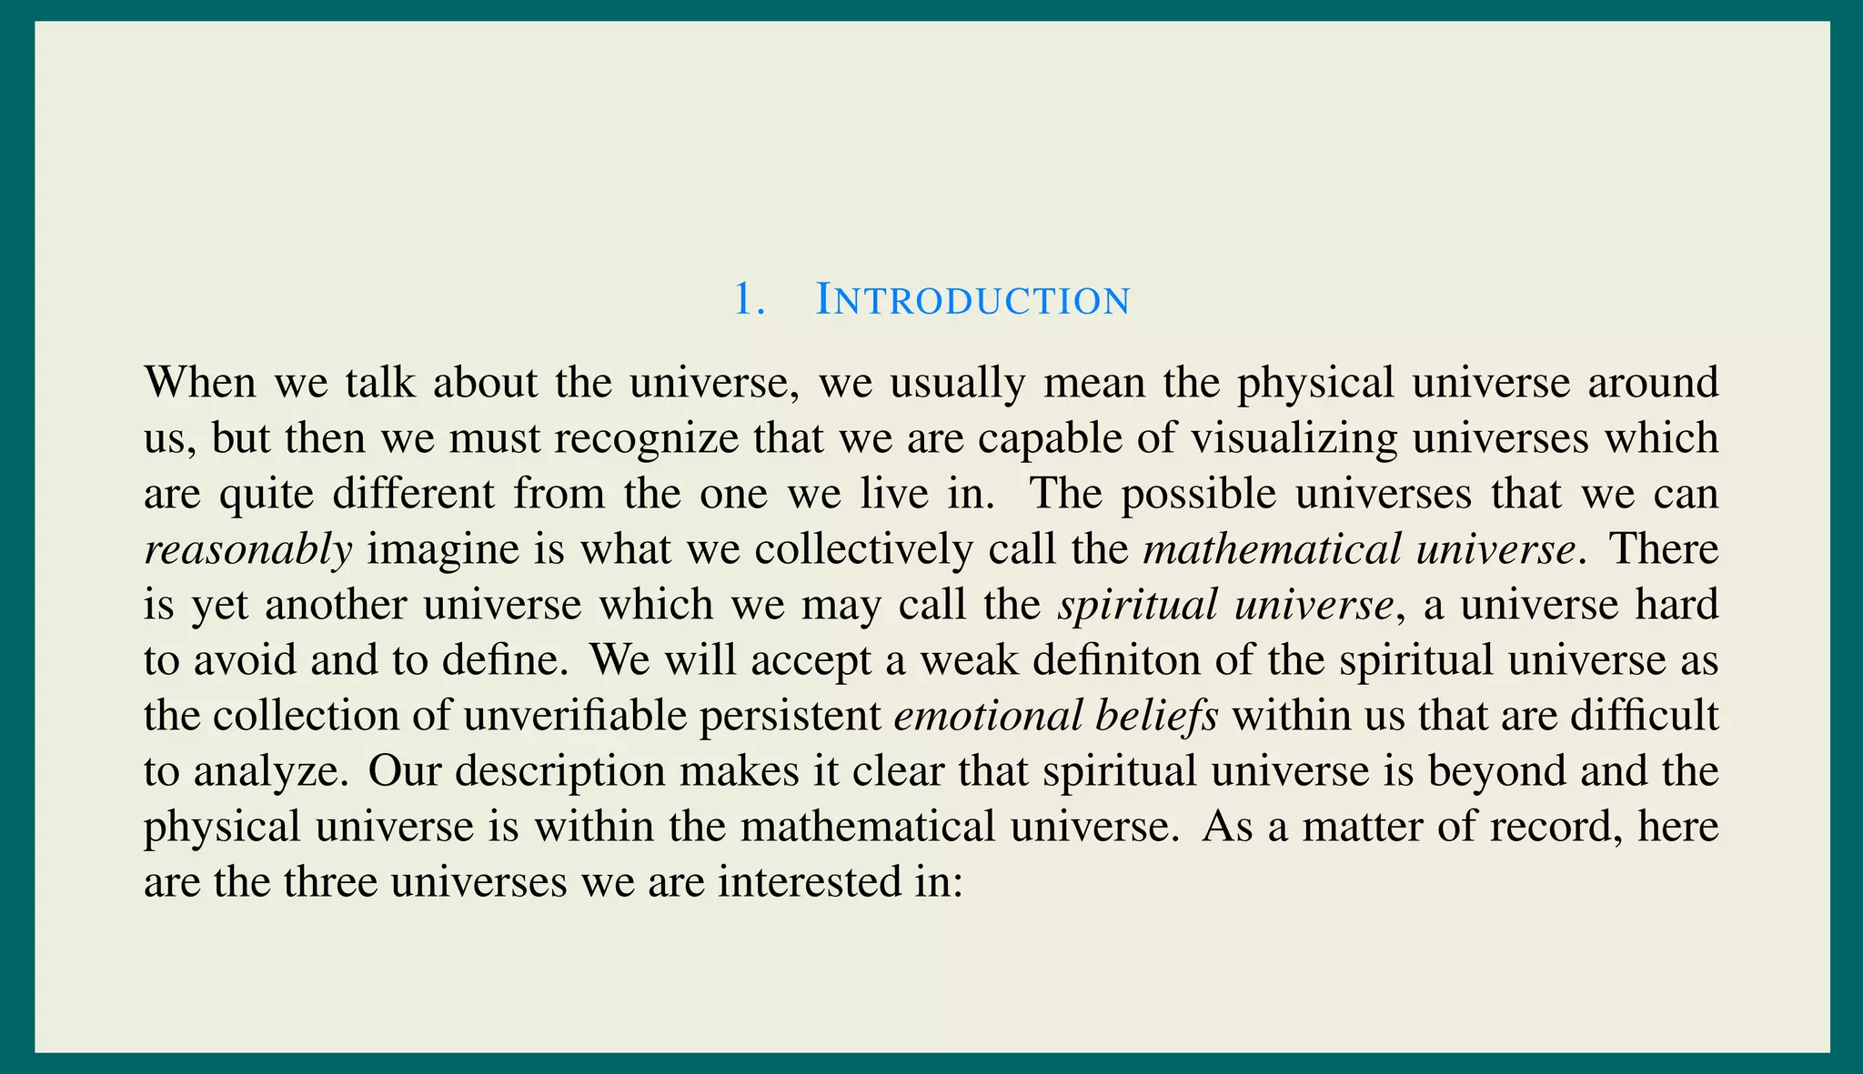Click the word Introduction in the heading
coord(972,299)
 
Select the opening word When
coord(200,382)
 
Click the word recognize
coord(647,438)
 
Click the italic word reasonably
coord(248,550)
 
